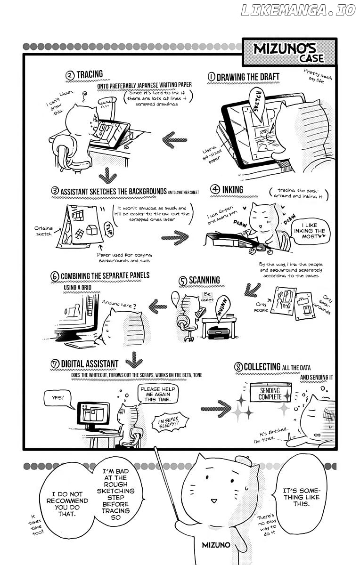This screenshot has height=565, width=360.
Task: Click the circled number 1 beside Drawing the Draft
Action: [x=212, y=77]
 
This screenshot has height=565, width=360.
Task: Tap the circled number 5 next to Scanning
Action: [x=183, y=281]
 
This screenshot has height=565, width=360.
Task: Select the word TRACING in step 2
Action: [x=90, y=74]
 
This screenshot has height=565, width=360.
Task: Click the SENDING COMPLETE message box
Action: [x=270, y=393]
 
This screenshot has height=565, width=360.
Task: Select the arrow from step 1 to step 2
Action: [x=175, y=140]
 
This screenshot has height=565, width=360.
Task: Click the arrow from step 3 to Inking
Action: [x=175, y=238]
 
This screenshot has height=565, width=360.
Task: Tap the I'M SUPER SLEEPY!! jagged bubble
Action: [x=169, y=422]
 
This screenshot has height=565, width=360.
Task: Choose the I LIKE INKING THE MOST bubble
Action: [x=310, y=231]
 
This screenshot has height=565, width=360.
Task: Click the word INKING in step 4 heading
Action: [x=233, y=190]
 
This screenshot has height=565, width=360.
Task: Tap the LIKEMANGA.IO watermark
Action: [x=298, y=10]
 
